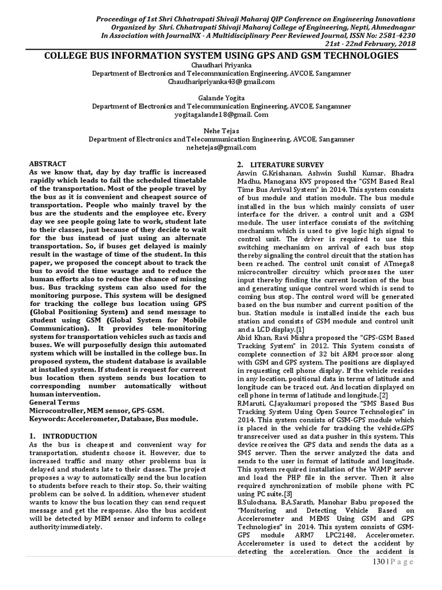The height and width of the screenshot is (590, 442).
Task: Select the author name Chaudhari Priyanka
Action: (x=221, y=66)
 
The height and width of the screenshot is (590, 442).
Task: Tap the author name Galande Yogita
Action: (x=221, y=98)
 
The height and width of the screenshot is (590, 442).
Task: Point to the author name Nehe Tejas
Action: (x=221, y=131)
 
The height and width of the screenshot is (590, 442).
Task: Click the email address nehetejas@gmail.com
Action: (x=221, y=147)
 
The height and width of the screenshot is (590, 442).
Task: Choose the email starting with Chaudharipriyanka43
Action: (x=221, y=82)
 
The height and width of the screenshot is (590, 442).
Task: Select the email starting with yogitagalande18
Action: (x=221, y=115)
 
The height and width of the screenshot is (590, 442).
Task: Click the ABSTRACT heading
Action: (x=47, y=164)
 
